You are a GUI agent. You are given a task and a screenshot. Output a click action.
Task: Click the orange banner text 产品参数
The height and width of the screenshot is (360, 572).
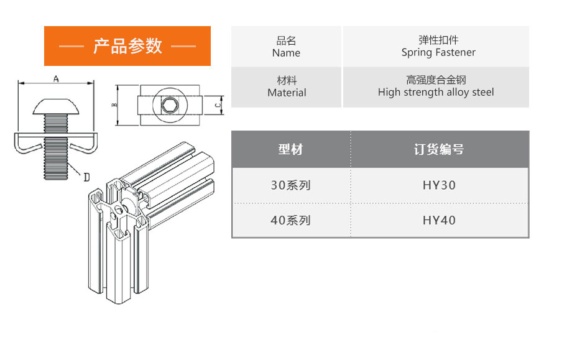[x=127, y=46]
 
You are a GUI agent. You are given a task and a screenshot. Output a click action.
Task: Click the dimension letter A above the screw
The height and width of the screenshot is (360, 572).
[x=56, y=79]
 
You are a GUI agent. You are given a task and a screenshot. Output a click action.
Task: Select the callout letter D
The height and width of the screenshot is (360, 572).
[x=86, y=177]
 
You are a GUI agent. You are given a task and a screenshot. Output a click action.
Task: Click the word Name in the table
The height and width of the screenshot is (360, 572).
[x=286, y=53]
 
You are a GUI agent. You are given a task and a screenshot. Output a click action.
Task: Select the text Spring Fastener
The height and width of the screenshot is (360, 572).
[x=438, y=53]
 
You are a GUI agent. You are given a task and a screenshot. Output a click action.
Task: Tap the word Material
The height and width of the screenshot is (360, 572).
[x=287, y=93]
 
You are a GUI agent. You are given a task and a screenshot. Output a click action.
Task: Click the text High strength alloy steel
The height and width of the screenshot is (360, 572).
[x=436, y=93]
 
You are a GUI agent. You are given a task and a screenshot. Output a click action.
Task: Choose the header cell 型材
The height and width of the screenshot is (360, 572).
[x=290, y=149]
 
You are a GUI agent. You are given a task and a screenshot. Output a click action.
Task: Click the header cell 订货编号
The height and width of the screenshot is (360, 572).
[x=439, y=149]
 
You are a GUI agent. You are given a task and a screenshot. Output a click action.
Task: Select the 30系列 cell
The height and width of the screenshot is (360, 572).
[x=290, y=185]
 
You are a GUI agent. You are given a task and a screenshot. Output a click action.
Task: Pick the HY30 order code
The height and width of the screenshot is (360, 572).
[x=439, y=185]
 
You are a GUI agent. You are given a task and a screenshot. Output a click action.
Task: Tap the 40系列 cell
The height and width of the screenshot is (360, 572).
[x=290, y=220]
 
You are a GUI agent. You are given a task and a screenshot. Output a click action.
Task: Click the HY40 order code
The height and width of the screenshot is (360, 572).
[x=439, y=220]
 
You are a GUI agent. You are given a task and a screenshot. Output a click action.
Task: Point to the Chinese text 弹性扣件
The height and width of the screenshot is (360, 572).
[x=438, y=40]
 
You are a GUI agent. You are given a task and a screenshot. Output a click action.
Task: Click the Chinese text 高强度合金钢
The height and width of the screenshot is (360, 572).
[x=436, y=80]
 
